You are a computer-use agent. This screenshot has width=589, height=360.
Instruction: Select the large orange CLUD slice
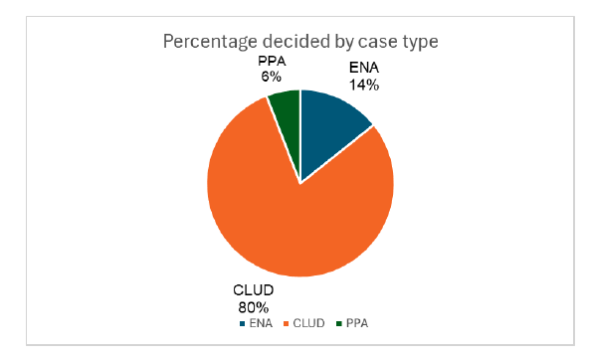click(289, 219)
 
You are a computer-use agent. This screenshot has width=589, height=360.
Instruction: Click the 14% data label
click(365, 86)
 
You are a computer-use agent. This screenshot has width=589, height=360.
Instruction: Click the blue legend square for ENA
click(242, 323)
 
